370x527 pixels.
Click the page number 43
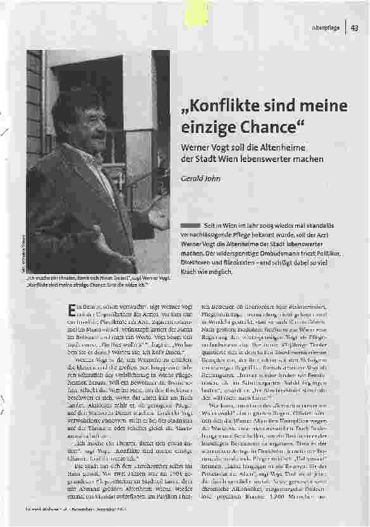click(x=355, y=27)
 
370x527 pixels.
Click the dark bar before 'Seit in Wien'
click(x=189, y=226)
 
